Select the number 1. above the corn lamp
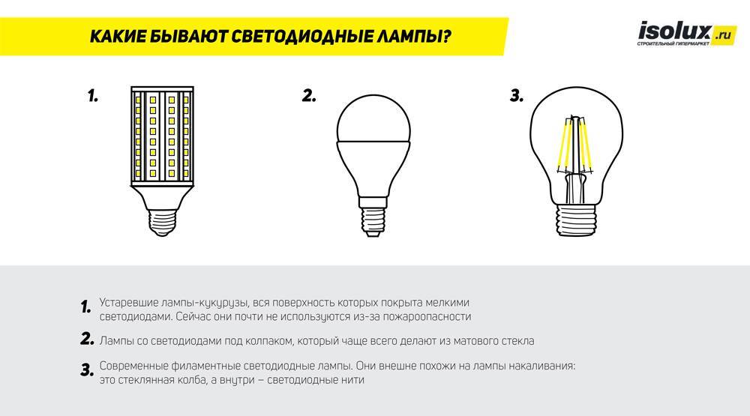pyautogui.click(x=93, y=97)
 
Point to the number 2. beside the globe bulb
pyautogui.click(x=308, y=96)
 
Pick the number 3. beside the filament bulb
pyautogui.click(x=515, y=96)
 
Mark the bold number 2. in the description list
pyautogui.click(x=87, y=340)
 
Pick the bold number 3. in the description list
pyautogui.click(x=87, y=370)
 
